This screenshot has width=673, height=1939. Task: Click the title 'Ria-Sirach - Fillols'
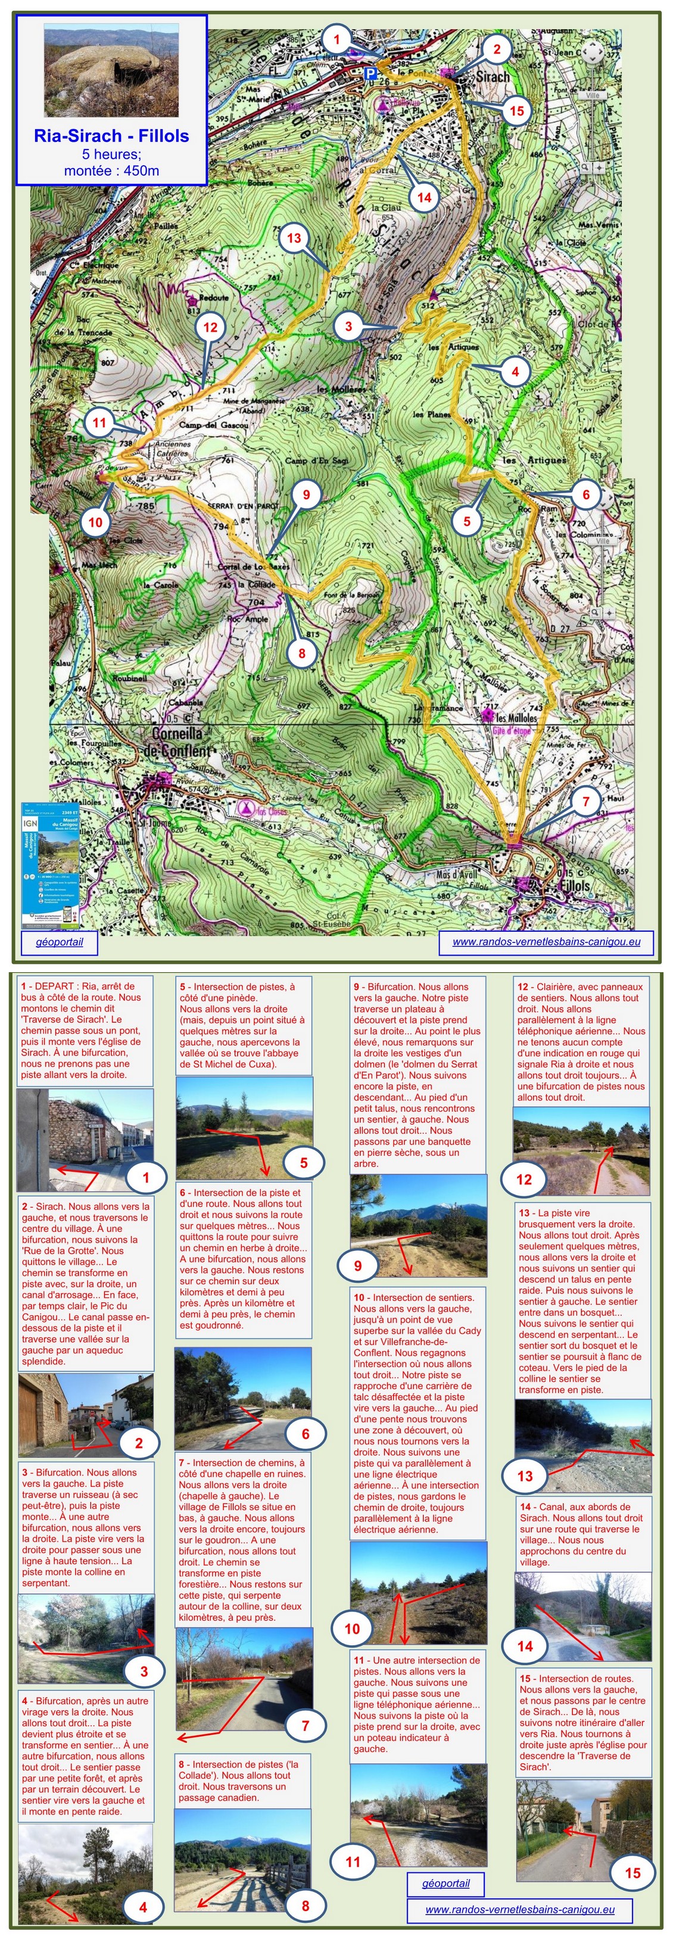[111, 136]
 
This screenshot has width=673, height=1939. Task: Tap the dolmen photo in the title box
[111, 70]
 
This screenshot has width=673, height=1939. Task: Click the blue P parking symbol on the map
[370, 73]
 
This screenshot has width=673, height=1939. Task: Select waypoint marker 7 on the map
[585, 802]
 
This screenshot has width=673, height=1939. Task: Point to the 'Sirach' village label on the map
[493, 77]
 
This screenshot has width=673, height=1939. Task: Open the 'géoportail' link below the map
[60, 942]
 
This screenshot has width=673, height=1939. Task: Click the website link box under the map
[546, 942]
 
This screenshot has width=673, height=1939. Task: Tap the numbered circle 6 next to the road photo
[305, 1433]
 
